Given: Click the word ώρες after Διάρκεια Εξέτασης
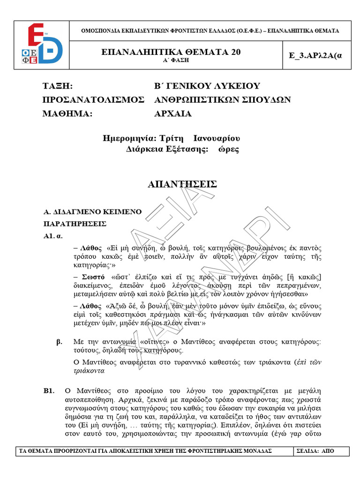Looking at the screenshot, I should point(228,150).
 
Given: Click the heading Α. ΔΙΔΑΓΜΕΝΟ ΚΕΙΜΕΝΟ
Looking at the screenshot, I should point(92,212).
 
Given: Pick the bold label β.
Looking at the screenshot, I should point(60,342).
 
